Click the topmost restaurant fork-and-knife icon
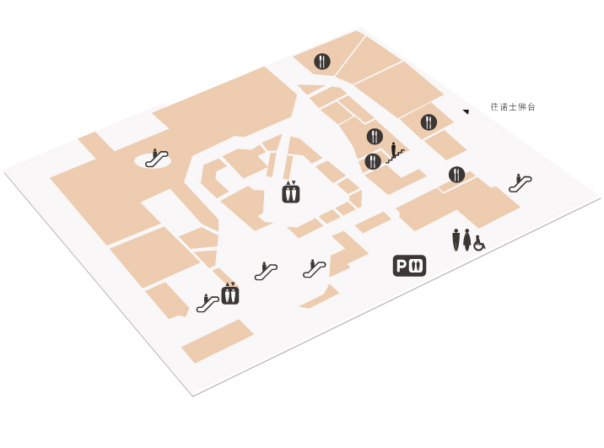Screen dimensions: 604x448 (x=322, y=62)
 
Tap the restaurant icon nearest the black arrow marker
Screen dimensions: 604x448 (x=429, y=122)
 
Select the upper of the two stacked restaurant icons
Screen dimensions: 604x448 (x=375, y=137)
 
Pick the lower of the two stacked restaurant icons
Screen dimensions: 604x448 (x=373, y=161)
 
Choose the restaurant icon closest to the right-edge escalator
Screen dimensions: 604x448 (x=456, y=175)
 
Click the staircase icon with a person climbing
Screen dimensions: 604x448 (x=396, y=153)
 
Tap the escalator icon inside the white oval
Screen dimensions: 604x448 (x=156, y=158)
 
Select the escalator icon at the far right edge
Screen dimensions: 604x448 (x=520, y=182)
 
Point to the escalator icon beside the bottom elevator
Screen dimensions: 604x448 (x=208, y=303)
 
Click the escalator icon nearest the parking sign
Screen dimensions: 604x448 (x=315, y=268)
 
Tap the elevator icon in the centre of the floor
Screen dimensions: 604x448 (x=291, y=192)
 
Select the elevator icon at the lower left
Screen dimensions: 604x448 (x=230, y=294)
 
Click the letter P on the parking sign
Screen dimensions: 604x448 (x=402, y=266)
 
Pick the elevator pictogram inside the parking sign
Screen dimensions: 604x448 (x=416, y=266)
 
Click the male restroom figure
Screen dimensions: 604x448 (x=456, y=240)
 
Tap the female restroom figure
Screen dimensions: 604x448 (x=466, y=240)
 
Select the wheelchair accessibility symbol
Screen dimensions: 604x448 (x=479, y=243)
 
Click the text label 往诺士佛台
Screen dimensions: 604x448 (x=513, y=106)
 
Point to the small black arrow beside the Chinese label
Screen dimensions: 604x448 (x=466, y=111)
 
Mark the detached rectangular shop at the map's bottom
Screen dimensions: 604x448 (x=218, y=341)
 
